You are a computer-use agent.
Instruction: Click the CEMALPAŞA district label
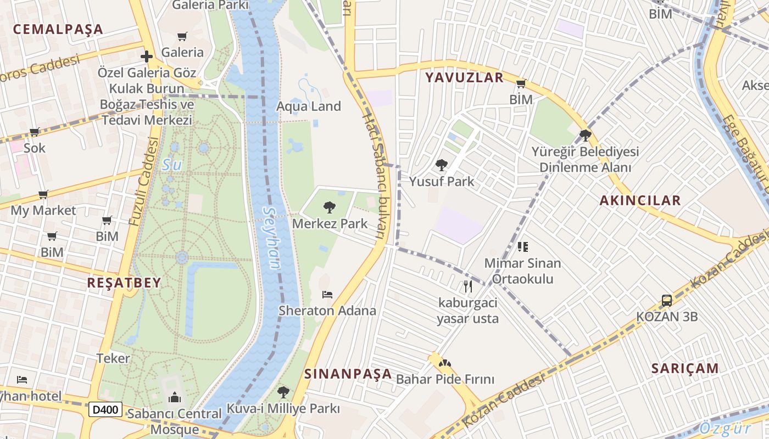(58, 29)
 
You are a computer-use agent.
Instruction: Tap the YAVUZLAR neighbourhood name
(464, 78)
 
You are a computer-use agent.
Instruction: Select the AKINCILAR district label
(640, 201)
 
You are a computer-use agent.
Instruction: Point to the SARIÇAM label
(685, 368)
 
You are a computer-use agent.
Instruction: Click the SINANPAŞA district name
(348, 374)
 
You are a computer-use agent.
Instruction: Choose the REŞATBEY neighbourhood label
(124, 283)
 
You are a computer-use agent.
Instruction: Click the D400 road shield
(105, 409)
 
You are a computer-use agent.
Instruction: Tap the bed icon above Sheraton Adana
(327, 295)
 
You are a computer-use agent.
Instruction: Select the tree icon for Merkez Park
(330, 207)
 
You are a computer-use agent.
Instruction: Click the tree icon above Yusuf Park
(442, 165)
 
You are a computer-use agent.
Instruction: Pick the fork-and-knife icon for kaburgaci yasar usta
(467, 286)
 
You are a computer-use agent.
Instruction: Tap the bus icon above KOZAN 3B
(667, 300)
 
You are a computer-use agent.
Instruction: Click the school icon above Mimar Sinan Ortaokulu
(522, 247)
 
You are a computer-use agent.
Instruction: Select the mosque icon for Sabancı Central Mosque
(175, 397)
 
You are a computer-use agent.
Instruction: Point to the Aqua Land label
(309, 106)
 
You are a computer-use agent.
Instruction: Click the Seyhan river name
(272, 237)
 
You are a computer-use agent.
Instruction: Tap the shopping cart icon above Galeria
(182, 37)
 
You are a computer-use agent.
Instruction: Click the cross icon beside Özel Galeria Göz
(146, 56)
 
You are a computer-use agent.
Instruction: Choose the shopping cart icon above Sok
(34, 132)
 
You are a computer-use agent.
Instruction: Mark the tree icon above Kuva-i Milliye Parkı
(283, 392)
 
